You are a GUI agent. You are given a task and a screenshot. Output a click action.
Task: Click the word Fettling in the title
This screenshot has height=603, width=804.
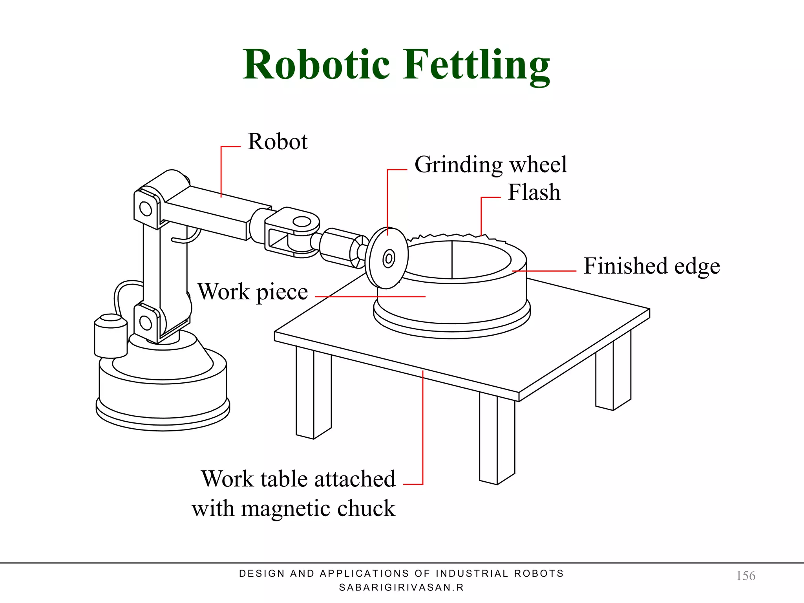(x=477, y=65)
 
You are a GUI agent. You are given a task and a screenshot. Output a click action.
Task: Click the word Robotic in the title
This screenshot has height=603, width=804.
(x=316, y=65)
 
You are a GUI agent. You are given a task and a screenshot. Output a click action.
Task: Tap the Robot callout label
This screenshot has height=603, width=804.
(x=278, y=142)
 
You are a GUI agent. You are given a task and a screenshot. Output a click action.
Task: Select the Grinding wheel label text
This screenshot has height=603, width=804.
(x=490, y=164)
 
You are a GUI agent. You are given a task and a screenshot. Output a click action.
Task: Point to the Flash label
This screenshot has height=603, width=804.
(x=534, y=192)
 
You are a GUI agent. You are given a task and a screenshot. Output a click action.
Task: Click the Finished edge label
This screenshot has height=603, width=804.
(x=651, y=266)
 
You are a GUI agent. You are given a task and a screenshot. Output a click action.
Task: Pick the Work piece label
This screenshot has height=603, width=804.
(x=252, y=292)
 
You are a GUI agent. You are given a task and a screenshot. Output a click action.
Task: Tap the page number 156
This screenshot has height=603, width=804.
(x=745, y=576)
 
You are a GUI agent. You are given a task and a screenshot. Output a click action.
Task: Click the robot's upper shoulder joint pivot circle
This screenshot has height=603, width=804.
(x=146, y=208)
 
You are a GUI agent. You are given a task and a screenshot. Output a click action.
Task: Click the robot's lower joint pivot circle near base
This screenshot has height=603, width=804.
(x=146, y=323)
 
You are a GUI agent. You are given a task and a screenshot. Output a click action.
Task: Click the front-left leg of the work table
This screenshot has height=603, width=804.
(x=313, y=393)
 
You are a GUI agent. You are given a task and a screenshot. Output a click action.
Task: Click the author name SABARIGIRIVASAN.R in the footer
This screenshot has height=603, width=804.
(x=401, y=588)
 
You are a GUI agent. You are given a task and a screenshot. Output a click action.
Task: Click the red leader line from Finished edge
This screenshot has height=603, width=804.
(x=546, y=271)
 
